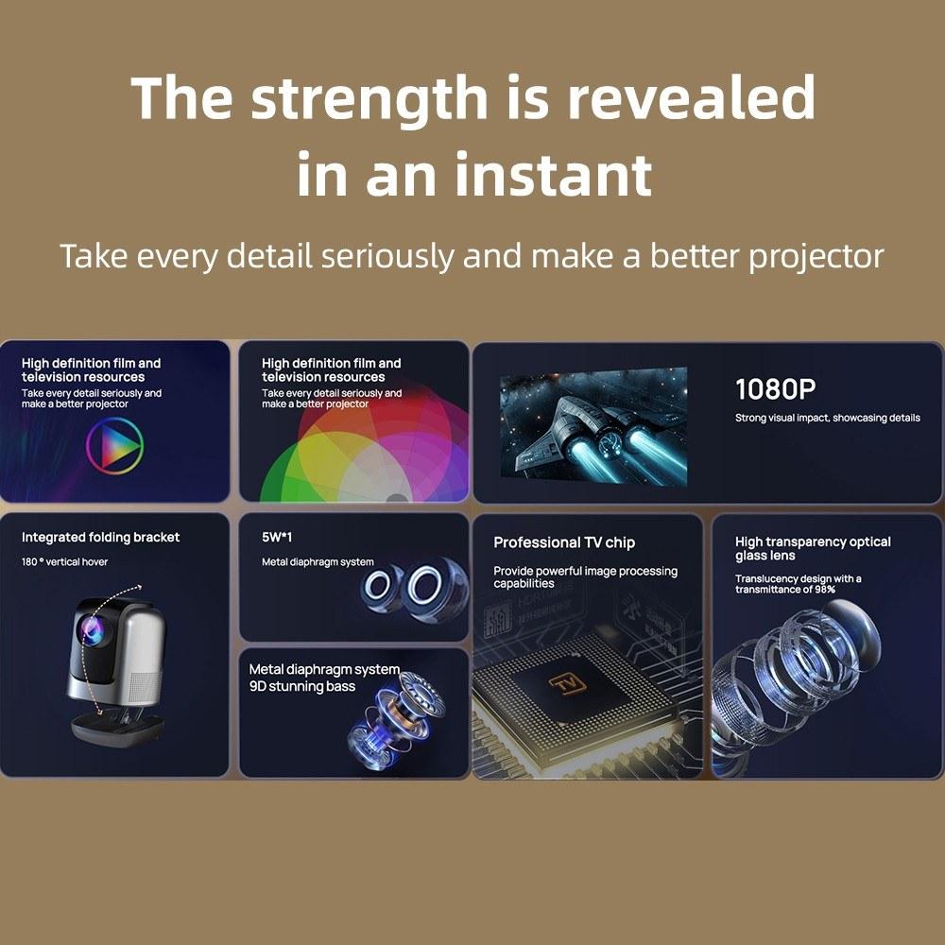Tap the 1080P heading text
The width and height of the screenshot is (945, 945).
click(x=775, y=389)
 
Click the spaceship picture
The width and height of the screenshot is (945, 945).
click(x=593, y=428)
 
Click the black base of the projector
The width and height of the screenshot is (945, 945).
click(x=117, y=728)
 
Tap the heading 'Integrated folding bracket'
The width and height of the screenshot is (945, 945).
click(x=101, y=537)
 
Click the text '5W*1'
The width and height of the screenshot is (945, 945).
click(x=277, y=537)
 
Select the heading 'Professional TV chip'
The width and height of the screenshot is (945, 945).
click(x=564, y=542)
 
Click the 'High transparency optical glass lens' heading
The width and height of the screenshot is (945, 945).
click(x=813, y=548)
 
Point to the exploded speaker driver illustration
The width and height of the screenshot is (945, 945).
click(x=395, y=718)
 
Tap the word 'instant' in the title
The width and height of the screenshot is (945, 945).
click(x=553, y=174)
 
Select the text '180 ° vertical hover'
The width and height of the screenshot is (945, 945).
click(x=64, y=561)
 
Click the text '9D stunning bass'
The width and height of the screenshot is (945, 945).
click(x=302, y=686)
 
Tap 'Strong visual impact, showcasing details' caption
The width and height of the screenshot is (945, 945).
click(x=828, y=418)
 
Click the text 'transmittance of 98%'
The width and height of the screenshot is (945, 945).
click(x=784, y=590)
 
